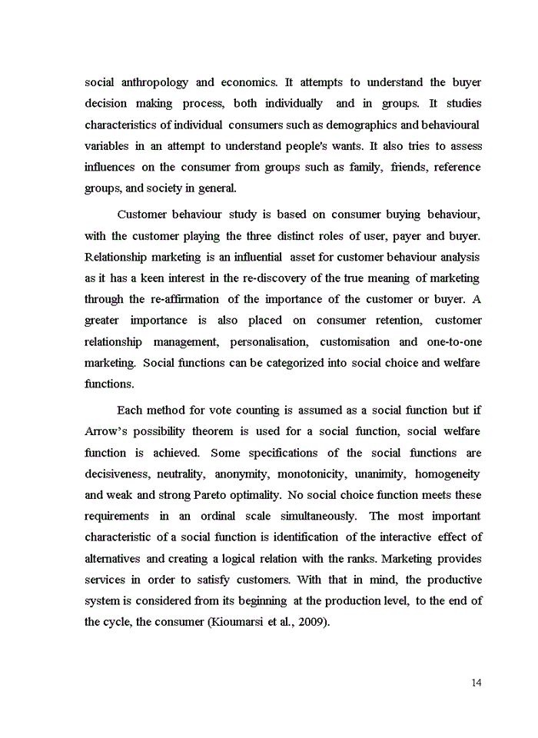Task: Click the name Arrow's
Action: tap(105, 431)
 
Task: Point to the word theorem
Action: tap(207, 431)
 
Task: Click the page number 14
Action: tap(477, 682)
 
